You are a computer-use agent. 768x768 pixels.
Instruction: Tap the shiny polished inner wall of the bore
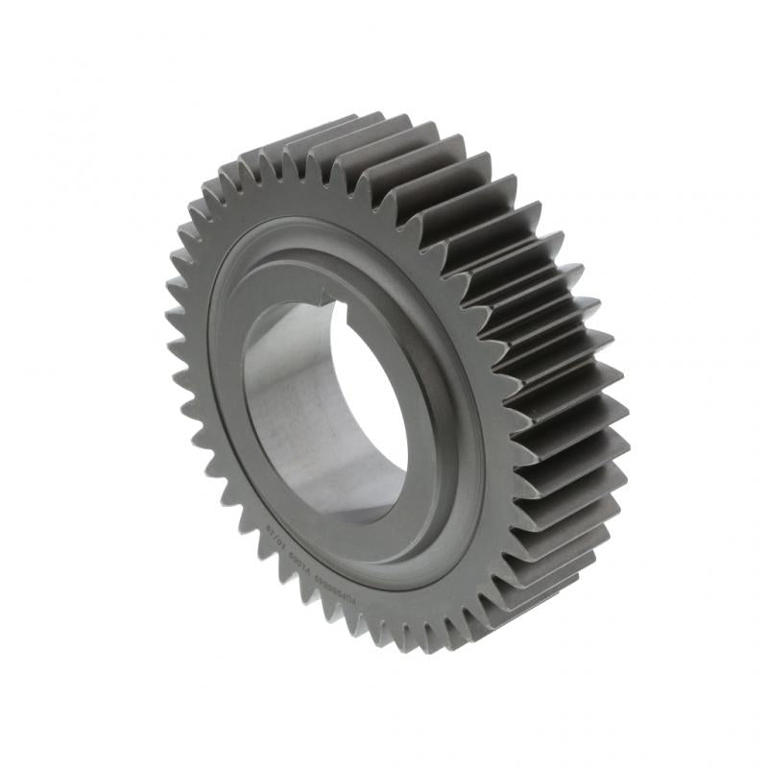(x=288, y=403)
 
